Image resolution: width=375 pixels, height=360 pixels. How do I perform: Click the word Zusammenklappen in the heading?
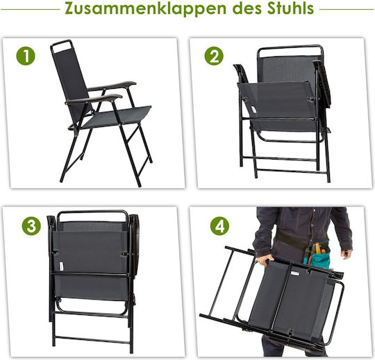[x=146, y=8]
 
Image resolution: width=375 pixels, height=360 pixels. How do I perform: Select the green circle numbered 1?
[x=26, y=56]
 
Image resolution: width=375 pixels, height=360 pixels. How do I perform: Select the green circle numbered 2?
[x=214, y=56]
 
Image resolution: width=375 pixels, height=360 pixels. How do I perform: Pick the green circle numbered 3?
[x=31, y=225]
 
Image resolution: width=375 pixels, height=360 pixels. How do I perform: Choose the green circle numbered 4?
[x=219, y=225]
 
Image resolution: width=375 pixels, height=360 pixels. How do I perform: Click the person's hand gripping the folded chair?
[x=264, y=259]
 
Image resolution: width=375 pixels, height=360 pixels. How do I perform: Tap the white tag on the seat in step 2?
[x=254, y=110]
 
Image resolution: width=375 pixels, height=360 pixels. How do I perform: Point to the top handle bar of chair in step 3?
[x=92, y=212]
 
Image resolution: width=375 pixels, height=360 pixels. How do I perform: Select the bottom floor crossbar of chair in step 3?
[x=93, y=339]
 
